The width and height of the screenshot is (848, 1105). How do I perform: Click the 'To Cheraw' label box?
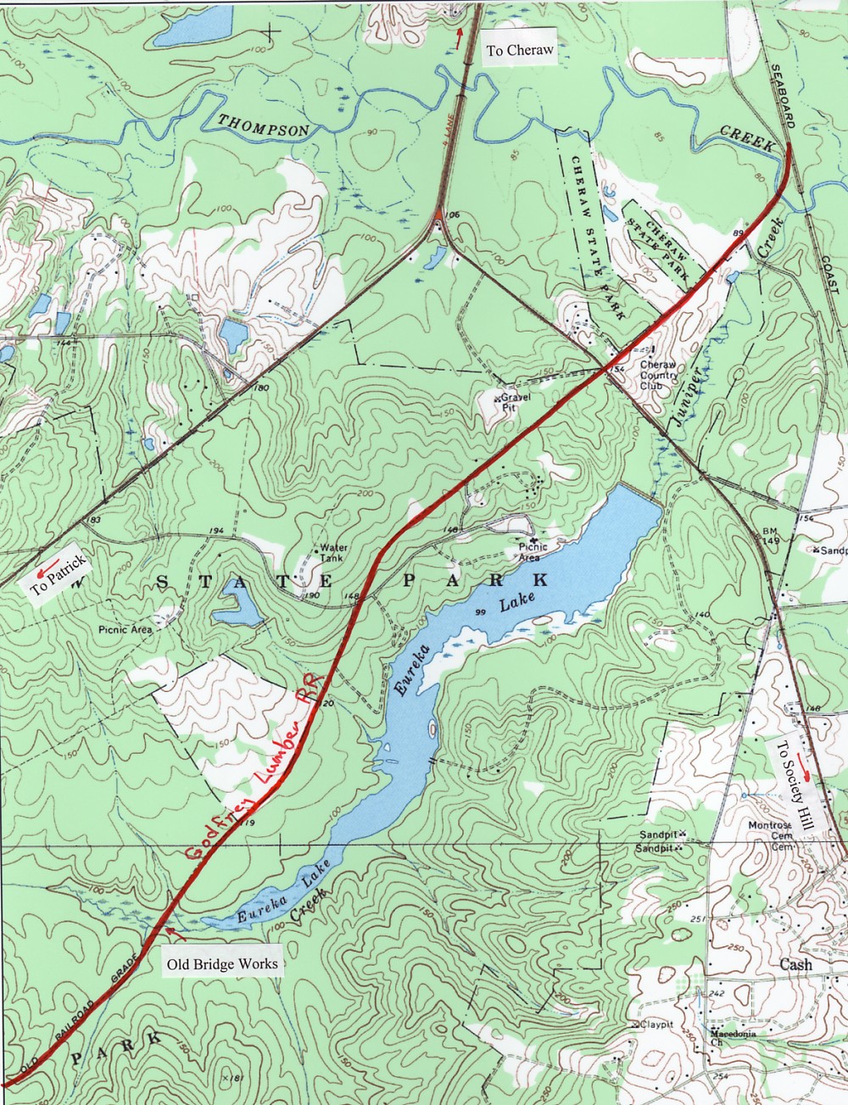point(520,51)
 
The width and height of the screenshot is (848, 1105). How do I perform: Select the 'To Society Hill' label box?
point(794,785)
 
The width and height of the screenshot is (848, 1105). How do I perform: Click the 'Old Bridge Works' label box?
point(220,963)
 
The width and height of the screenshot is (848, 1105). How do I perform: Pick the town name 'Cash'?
point(795,964)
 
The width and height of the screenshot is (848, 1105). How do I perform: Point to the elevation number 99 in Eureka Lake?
point(480,612)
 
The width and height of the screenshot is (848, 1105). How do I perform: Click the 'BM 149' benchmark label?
point(770,536)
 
